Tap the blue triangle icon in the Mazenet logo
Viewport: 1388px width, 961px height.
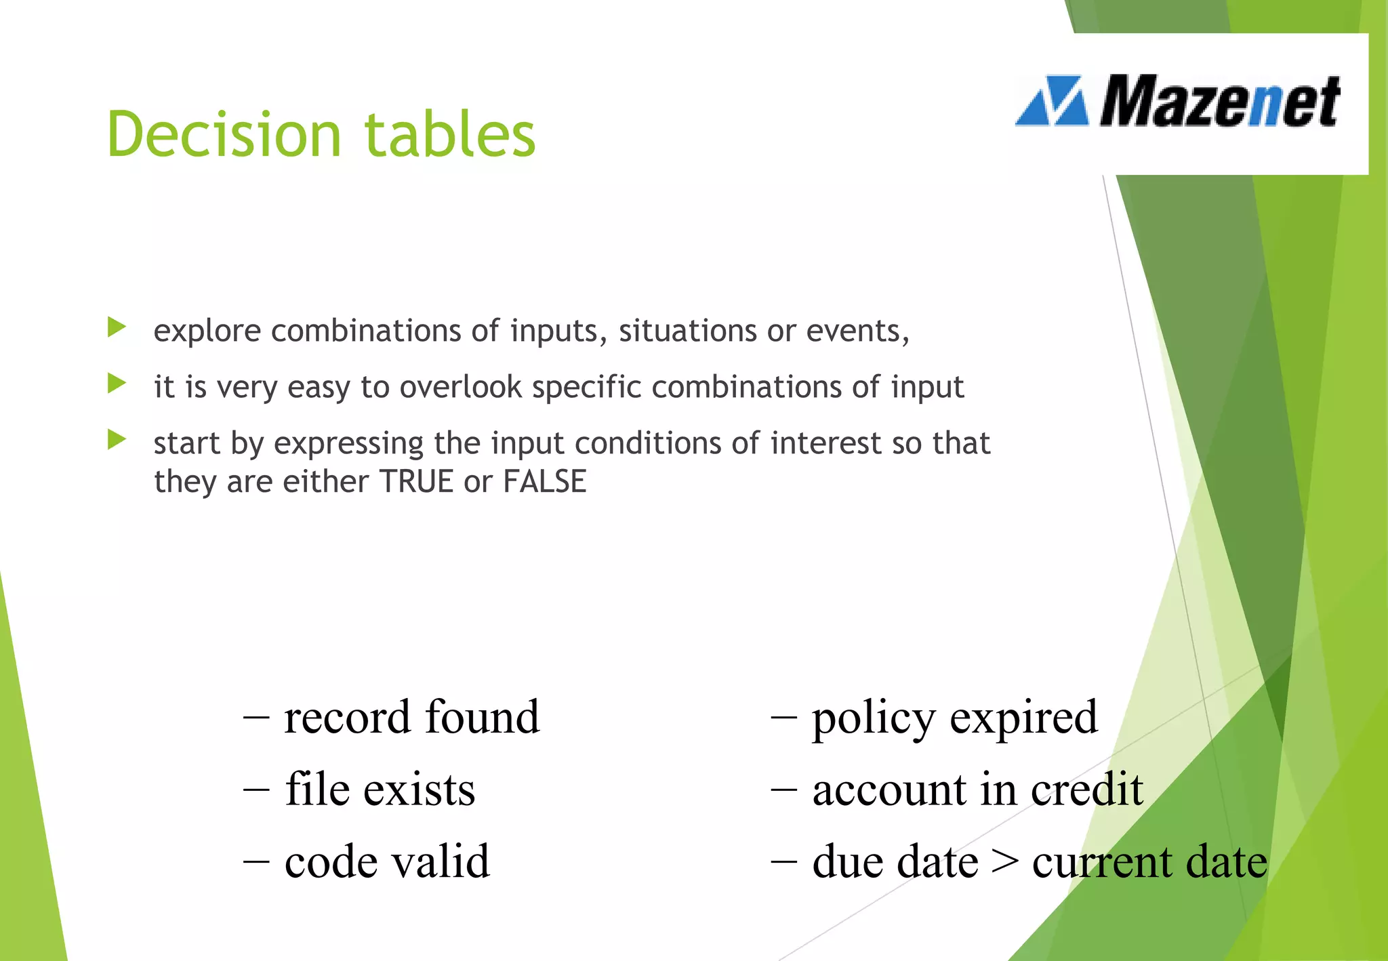[x=1053, y=102]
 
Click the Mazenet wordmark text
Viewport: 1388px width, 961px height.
[x=1219, y=102]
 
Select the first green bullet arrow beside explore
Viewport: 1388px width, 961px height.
[x=117, y=328]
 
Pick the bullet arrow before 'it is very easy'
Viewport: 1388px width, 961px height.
[x=117, y=384]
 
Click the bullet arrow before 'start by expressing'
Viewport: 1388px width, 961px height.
[x=117, y=441]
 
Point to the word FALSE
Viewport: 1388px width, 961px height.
[x=544, y=482]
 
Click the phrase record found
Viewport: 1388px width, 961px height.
[x=411, y=717]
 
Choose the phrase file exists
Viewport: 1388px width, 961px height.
[x=380, y=790]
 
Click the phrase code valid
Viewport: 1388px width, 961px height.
[x=386, y=862]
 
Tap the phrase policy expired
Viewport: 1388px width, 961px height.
[x=954, y=717]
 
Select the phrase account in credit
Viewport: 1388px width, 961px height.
[x=977, y=790]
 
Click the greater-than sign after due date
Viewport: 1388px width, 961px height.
[x=1004, y=862]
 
